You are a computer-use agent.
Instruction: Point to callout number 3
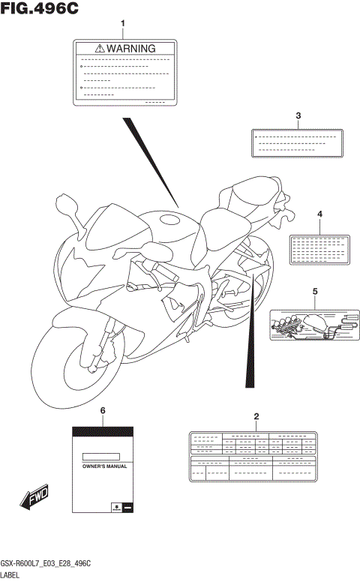point(298,115)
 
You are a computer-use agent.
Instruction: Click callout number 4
point(319,214)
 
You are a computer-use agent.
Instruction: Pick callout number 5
point(315,291)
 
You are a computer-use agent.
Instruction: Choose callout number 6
point(102,411)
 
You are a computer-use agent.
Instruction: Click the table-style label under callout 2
point(256,456)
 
